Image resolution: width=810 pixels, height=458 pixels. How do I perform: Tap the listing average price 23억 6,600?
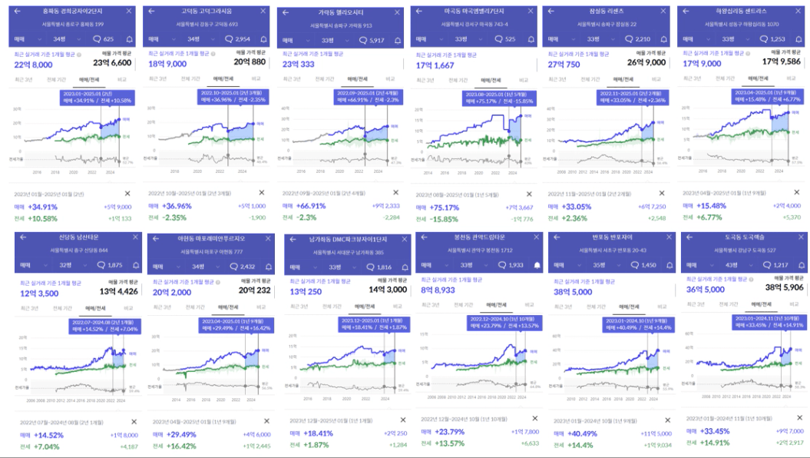[112, 63]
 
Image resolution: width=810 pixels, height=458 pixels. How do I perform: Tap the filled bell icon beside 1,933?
[537, 264]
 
